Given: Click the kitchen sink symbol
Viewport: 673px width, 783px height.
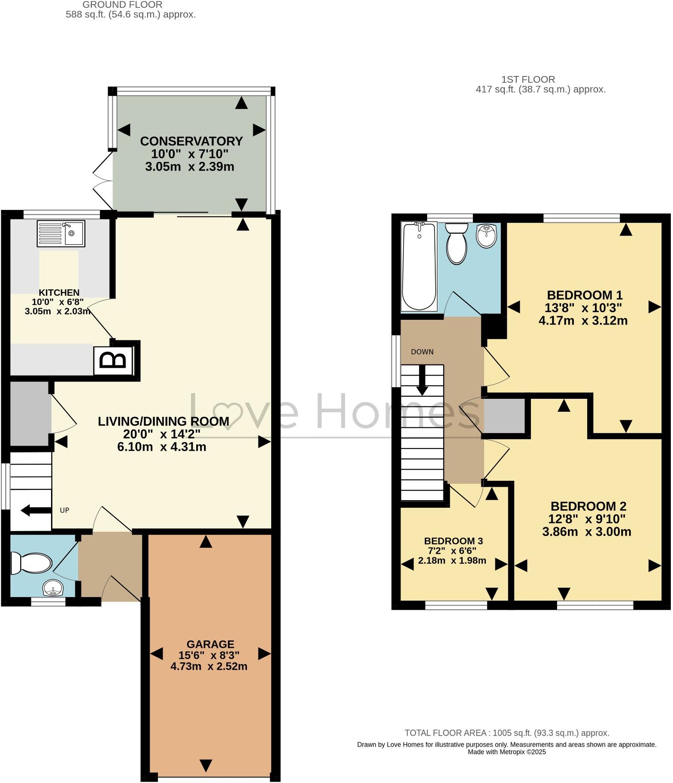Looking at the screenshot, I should click(61, 234).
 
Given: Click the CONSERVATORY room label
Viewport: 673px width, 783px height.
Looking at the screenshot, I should click(191, 141).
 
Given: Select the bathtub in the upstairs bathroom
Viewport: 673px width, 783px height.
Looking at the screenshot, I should click(419, 267).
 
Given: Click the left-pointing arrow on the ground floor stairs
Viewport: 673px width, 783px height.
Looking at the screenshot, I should click(36, 511).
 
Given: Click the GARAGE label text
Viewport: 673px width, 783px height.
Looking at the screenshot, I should click(210, 644).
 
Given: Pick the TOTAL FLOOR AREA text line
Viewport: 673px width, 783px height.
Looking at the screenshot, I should click(506, 733).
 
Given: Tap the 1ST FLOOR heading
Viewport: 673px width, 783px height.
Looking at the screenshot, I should click(528, 79).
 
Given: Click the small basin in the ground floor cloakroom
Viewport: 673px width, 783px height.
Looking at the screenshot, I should click(52, 587).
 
